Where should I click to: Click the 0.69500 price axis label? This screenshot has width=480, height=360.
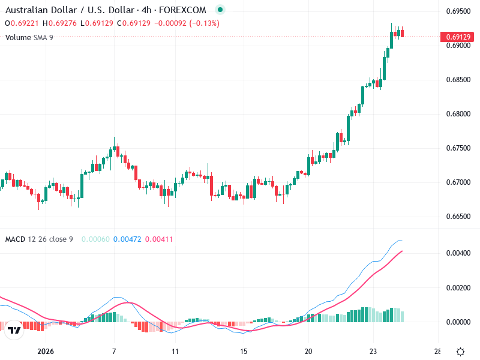pos(458,11)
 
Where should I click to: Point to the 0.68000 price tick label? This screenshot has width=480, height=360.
pos(458,114)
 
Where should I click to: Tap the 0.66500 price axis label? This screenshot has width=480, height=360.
pos(458,217)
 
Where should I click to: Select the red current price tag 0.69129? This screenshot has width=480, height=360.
pos(458,37)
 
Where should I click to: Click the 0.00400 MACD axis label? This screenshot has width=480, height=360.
pos(458,253)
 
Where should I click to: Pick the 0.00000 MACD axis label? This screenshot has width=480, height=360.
pos(458,322)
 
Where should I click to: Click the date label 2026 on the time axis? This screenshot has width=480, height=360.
pos(45,352)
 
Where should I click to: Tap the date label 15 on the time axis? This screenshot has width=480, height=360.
pos(244,352)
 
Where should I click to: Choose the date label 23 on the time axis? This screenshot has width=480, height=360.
pos(373,352)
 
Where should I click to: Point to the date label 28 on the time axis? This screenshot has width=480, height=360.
pos(437,352)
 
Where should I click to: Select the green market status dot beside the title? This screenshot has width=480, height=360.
pos(220,10)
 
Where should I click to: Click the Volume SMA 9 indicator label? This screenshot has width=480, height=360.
pos(29,37)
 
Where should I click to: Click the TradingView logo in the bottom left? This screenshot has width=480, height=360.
pos(15,330)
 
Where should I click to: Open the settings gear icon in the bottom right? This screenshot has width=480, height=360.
pos(461,352)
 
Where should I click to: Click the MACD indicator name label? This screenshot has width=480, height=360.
pos(15,239)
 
